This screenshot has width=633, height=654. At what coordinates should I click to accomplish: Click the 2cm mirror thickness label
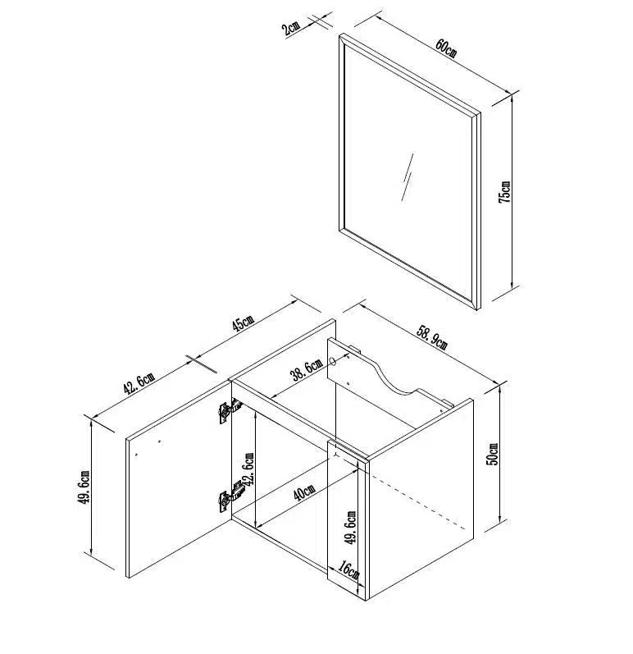point(290,29)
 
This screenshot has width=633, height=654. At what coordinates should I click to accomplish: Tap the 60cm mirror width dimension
point(446,48)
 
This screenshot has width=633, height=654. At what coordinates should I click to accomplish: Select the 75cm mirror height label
point(504,192)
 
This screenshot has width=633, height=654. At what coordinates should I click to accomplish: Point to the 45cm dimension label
point(243,322)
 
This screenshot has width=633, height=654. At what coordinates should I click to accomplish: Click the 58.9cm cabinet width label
point(432,337)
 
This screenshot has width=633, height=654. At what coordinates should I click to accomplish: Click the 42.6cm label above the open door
point(139,383)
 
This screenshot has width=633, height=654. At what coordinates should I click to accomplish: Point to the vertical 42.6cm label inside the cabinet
point(248,469)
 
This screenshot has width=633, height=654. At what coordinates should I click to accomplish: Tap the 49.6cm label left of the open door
point(84,487)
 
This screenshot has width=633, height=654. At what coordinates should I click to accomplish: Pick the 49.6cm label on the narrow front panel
point(351,527)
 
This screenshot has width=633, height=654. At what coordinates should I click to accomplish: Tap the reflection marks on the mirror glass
point(408,177)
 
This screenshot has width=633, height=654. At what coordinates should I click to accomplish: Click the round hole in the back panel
point(333,361)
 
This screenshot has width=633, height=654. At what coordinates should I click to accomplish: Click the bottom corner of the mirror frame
point(478,309)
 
